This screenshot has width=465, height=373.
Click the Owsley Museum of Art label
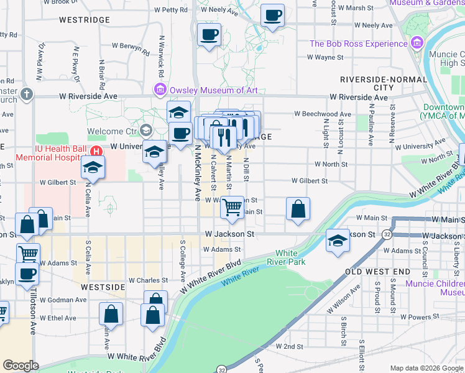(214, 90)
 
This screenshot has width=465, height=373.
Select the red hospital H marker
(96, 151)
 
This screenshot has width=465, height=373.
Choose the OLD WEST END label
(377, 272)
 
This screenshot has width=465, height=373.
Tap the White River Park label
(286, 257)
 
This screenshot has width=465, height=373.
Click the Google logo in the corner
(21, 366)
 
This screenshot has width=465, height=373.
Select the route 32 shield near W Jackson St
(387, 234)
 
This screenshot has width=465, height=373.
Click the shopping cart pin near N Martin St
(233, 207)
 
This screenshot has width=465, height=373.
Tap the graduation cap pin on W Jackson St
(338, 240)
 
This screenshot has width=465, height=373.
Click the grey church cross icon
(25, 94)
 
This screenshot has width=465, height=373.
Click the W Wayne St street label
(325, 57)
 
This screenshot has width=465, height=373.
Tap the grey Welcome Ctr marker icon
(146, 131)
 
